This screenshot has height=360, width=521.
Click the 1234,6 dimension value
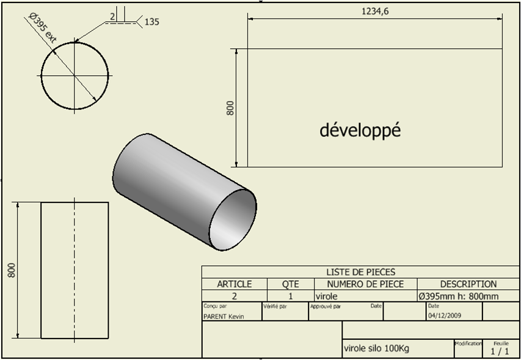[x=375, y=12]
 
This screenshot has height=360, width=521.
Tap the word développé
[x=360, y=130]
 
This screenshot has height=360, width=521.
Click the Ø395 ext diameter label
[x=43, y=28]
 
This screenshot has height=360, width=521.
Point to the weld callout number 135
[x=152, y=22]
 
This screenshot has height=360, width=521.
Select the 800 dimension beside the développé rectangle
[x=230, y=108]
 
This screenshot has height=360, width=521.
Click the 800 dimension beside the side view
[x=12, y=270]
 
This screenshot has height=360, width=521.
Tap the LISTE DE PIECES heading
[x=361, y=272]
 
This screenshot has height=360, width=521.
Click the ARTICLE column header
[x=235, y=284]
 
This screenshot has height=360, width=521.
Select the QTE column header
[x=290, y=284]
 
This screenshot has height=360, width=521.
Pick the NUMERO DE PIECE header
[x=365, y=284]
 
